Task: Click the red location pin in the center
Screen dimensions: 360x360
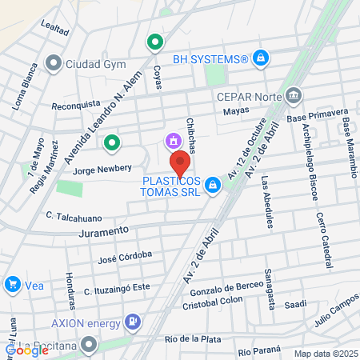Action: (180, 162)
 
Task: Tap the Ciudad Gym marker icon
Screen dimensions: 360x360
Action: (54, 62)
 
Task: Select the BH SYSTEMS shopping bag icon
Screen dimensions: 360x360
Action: (260, 58)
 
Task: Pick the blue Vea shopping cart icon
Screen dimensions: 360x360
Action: (13, 284)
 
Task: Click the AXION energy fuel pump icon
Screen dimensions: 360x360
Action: (132, 323)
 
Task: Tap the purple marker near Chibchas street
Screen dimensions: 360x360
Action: (172, 142)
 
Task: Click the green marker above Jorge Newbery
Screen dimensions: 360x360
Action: (112, 143)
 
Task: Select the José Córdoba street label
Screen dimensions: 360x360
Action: (124, 258)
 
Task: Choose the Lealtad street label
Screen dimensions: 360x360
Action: (54, 27)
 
